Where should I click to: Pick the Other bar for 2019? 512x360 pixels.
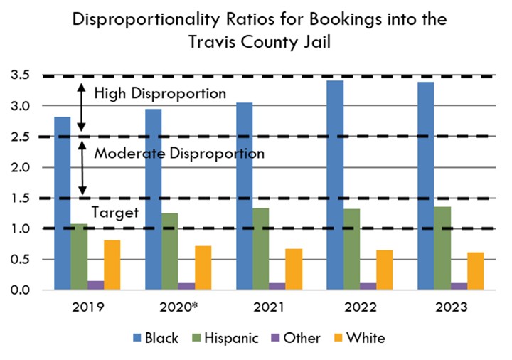click(x=96, y=285)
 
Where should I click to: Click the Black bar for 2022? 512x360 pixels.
click(x=335, y=185)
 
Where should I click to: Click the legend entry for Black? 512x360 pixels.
click(x=154, y=338)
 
